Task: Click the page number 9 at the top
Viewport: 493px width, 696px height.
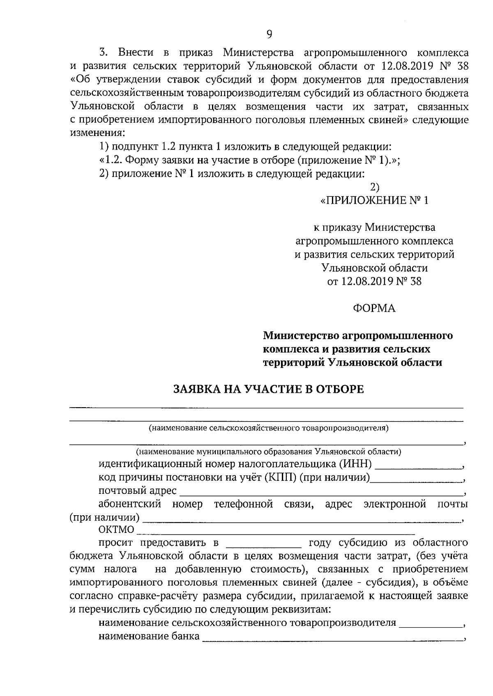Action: [269, 34]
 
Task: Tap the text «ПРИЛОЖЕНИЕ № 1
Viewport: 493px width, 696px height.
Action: [374, 201]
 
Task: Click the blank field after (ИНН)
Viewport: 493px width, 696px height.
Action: [418, 466]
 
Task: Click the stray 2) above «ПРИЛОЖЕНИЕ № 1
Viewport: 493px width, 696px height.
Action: [374, 187]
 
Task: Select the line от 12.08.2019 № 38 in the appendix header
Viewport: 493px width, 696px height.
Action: [374, 281]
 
